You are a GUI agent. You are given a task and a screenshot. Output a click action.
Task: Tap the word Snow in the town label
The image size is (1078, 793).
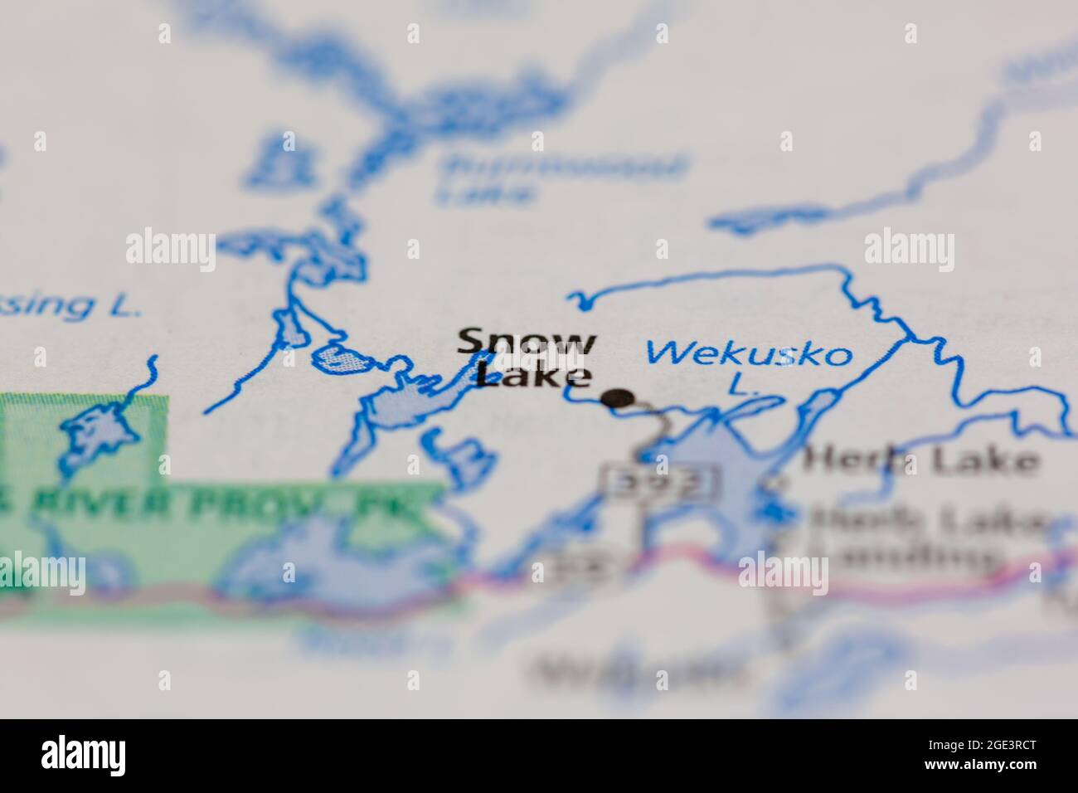pyautogui.click(x=526, y=342)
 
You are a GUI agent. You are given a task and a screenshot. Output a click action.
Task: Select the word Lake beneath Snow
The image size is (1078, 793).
pyautogui.click(x=536, y=375)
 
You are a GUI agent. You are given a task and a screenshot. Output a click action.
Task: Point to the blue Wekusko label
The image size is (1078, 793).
pyautogui.click(x=749, y=353)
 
